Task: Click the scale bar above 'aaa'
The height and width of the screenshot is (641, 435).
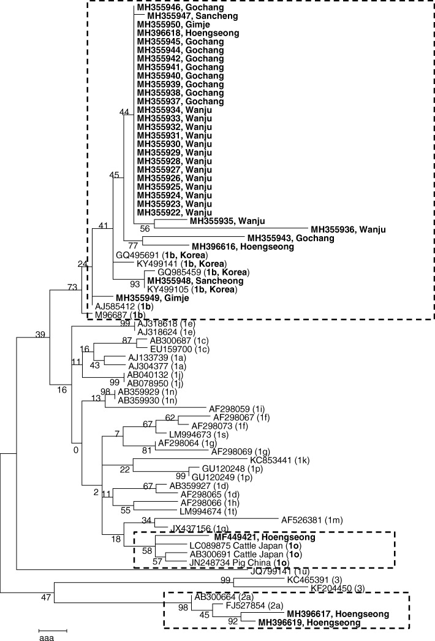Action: pos(53,631)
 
